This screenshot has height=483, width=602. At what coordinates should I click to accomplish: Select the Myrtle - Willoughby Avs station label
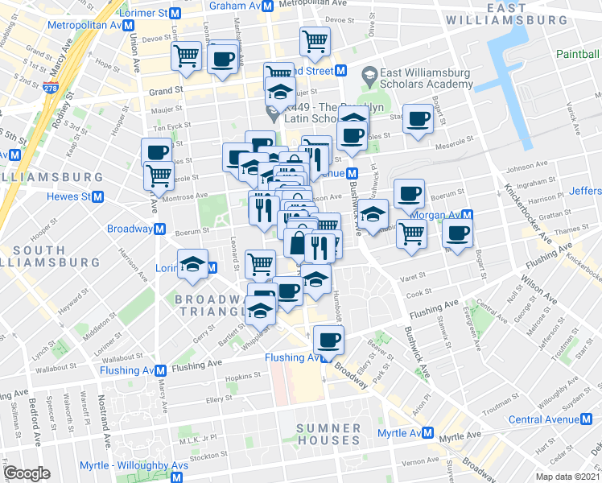point(125,465)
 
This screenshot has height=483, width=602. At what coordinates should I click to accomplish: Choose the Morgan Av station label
point(435,215)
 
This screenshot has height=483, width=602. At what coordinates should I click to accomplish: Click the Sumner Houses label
point(328,434)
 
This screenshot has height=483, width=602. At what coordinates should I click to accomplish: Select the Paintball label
point(578,53)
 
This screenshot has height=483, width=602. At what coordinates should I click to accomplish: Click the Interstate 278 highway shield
point(52,89)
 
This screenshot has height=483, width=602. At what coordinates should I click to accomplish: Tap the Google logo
point(27,473)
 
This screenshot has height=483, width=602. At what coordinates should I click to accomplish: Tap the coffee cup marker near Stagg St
point(418,119)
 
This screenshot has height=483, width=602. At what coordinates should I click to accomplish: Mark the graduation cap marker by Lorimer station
point(192,264)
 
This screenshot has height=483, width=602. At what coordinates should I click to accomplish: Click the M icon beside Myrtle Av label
point(428,433)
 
